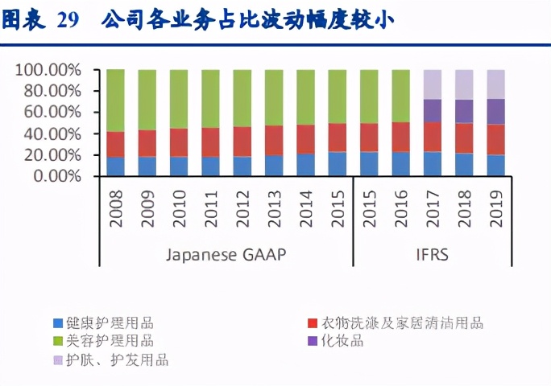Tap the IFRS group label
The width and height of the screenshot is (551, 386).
click(433, 255)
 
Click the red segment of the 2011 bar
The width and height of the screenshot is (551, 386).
click(210, 142)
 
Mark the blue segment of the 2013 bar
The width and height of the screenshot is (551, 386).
click(274, 165)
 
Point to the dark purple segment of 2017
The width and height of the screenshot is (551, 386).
click(433, 110)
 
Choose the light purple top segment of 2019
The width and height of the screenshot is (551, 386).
click(496, 84)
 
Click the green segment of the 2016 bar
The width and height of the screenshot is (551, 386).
click(401, 96)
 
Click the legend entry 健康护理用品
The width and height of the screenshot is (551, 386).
click(104, 323)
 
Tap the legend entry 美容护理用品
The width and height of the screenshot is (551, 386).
click(104, 342)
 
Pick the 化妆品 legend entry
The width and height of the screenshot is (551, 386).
click(342, 342)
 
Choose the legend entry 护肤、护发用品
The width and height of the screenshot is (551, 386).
click(112, 360)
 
